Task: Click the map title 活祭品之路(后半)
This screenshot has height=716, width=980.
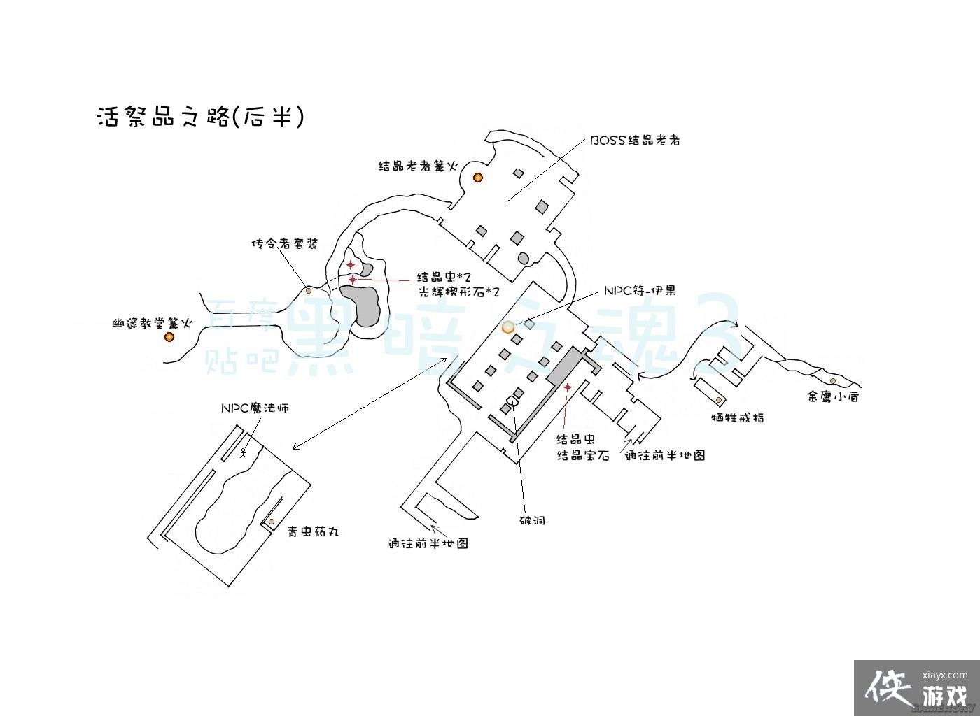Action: pyautogui.click(x=201, y=117)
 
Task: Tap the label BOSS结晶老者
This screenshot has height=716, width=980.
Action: pyautogui.click(x=635, y=140)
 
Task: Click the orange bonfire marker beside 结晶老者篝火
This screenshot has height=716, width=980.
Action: pyautogui.click(x=478, y=178)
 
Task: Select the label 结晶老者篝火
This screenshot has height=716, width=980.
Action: pyautogui.click(x=418, y=166)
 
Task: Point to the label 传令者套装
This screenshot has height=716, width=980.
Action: pyautogui.click(x=284, y=244)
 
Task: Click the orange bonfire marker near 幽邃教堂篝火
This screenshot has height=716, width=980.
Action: pyautogui.click(x=169, y=337)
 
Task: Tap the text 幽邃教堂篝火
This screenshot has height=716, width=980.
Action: pyautogui.click(x=152, y=324)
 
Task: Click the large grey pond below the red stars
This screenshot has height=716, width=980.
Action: pyautogui.click(x=365, y=306)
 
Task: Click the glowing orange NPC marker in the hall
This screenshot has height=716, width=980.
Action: pyautogui.click(x=508, y=327)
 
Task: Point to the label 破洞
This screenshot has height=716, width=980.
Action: pyautogui.click(x=532, y=520)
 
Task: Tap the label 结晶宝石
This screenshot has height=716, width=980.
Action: pyautogui.click(x=582, y=455)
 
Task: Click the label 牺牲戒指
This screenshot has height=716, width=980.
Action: pyautogui.click(x=737, y=417)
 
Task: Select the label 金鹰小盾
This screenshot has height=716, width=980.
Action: pyautogui.click(x=833, y=396)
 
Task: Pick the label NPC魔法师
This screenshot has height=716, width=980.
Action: pyautogui.click(x=255, y=408)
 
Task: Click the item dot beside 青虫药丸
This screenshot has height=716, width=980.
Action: pyautogui.click(x=272, y=522)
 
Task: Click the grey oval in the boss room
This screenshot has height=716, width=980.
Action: pyautogui.click(x=524, y=259)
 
